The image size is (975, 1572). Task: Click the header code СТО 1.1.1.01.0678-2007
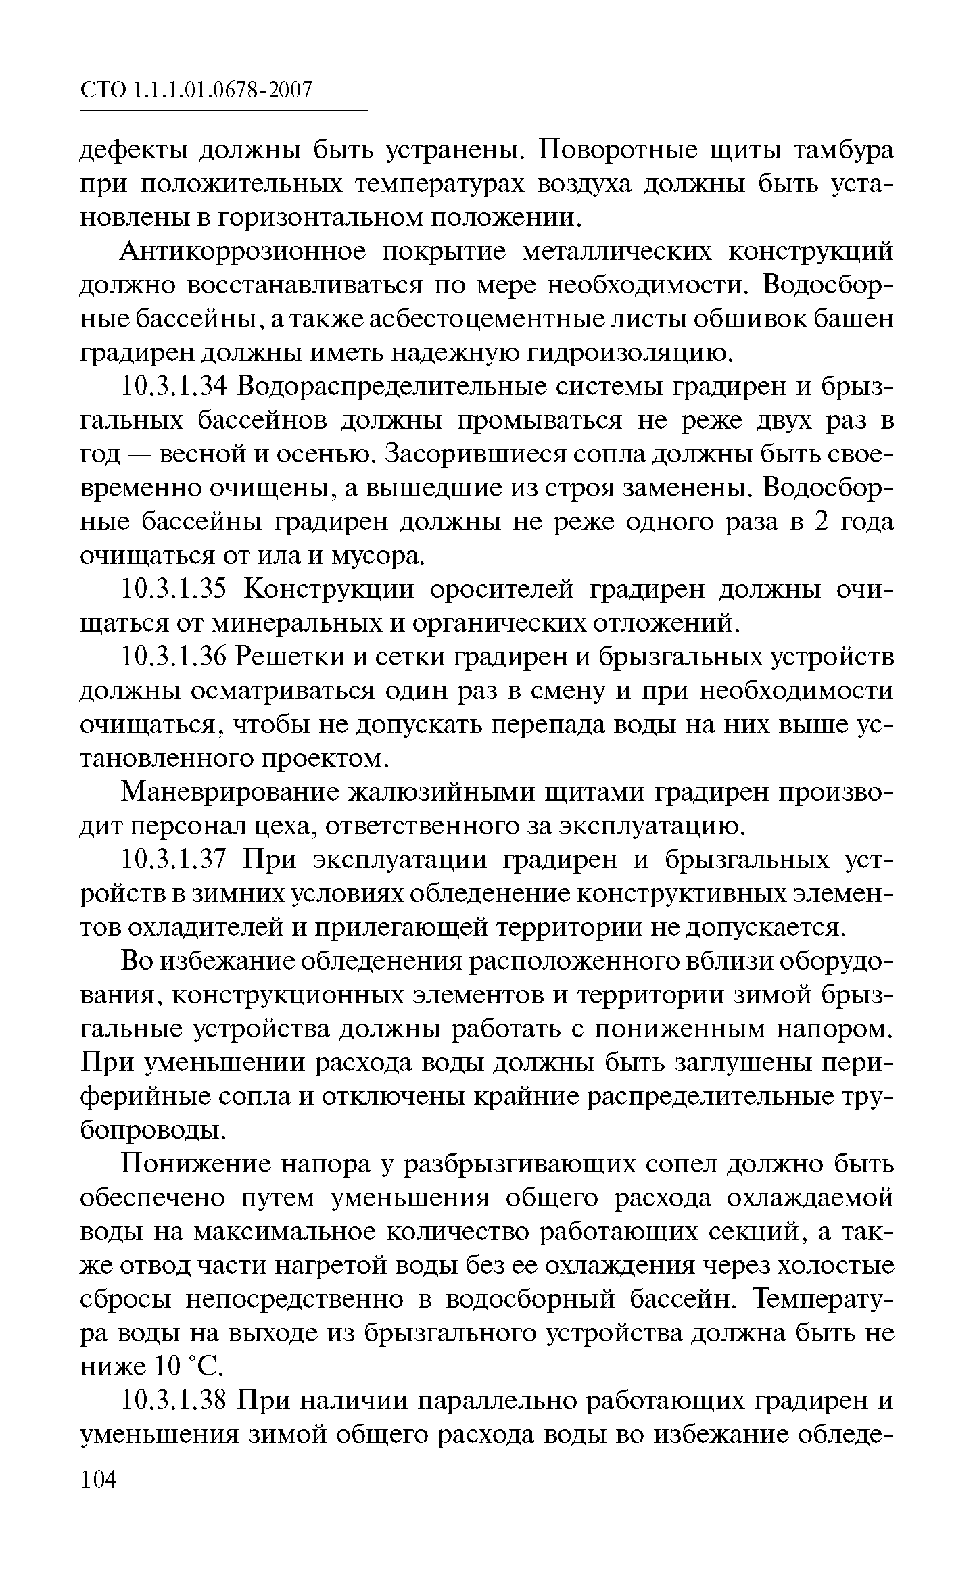(x=197, y=90)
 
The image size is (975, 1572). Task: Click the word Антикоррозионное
(x=243, y=252)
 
